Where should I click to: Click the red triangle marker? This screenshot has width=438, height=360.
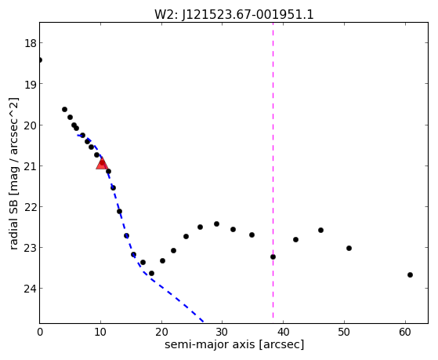[102, 163]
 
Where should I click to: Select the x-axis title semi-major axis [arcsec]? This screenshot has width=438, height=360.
[234, 344]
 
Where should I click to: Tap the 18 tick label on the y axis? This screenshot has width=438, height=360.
[30, 43]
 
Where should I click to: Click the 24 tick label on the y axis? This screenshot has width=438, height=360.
[30, 289]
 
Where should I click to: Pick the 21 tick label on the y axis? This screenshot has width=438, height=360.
[30, 165]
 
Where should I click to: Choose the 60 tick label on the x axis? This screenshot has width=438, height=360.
[405, 332]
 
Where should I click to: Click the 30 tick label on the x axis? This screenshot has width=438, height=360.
[223, 332]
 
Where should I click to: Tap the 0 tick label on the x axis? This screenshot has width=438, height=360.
[40, 332]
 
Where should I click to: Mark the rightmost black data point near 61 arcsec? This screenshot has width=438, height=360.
[410, 275]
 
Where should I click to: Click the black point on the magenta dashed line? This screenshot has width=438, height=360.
[273, 256]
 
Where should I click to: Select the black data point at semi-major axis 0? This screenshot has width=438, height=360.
[40, 60]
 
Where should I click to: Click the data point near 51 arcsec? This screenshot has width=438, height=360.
[349, 248]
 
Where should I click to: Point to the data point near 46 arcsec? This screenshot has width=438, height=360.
[320, 231]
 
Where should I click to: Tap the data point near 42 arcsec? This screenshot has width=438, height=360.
[296, 239]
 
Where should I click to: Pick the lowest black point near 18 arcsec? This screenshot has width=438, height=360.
[151, 273]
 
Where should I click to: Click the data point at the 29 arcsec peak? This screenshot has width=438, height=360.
[216, 224]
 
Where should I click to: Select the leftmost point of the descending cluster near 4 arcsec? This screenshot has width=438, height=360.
[64, 109]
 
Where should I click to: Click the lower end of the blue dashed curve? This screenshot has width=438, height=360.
[204, 322]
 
